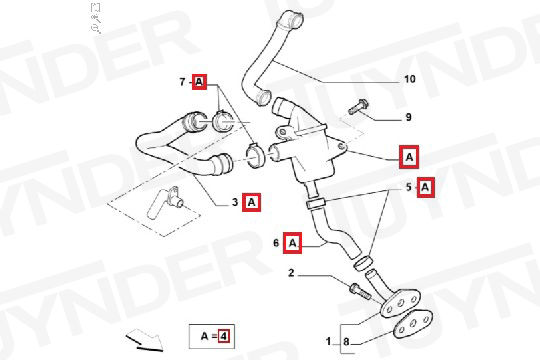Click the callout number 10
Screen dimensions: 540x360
(x=409, y=79)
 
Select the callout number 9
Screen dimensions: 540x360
(x=408, y=117)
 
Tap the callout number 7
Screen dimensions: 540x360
(x=183, y=82)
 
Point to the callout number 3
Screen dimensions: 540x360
(x=235, y=202)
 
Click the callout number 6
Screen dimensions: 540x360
(x=276, y=243)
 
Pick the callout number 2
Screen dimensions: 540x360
(x=291, y=273)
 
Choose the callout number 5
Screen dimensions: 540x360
(x=409, y=187)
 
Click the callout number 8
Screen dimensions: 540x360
(x=346, y=342)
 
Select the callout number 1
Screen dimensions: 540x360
(x=329, y=341)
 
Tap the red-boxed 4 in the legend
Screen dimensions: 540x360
(x=224, y=336)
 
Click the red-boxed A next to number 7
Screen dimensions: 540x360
(x=199, y=82)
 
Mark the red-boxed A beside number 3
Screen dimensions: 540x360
(x=251, y=202)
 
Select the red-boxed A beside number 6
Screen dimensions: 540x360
(x=292, y=243)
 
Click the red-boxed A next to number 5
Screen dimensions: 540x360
(x=426, y=187)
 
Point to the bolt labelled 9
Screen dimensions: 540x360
(x=358, y=106)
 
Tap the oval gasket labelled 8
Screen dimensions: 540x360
(x=413, y=324)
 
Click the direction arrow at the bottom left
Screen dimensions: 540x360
(x=144, y=340)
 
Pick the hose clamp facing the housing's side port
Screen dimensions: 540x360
(x=254, y=156)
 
